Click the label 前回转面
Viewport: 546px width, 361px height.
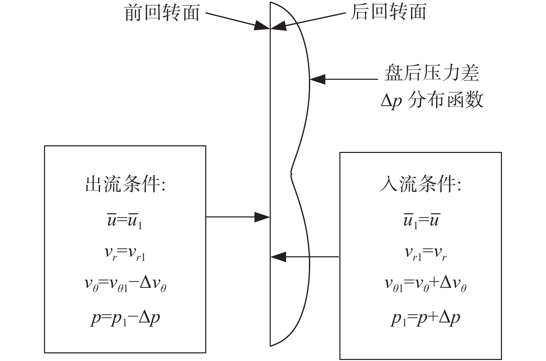(x=162, y=13)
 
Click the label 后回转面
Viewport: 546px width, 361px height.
(x=388, y=12)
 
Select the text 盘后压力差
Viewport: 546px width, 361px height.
(x=432, y=73)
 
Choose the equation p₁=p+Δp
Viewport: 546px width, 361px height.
(x=426, y=318)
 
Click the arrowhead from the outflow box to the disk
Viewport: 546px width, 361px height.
(x=262, y=217)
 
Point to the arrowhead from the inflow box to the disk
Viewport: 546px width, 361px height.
(x=278, y=257)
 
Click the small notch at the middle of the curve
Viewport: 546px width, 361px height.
(x=291, y=173)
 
